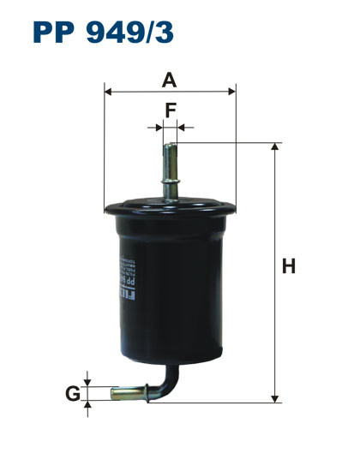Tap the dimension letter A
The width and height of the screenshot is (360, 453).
click(169, 80)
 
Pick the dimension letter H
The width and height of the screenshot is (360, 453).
click(289, 266)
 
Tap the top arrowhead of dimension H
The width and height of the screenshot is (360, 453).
click(275, 148)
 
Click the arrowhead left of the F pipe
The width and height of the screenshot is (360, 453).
click(158, 127)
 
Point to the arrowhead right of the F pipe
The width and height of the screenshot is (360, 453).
click(181, 127)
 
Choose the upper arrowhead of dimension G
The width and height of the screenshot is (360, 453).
click(88, 381)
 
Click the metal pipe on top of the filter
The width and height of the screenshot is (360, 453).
click(169, 163)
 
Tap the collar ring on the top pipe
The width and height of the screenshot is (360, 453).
click(169, 182)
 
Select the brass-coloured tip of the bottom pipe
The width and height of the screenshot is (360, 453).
click(123, 393)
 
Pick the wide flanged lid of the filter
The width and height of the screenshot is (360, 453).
click(169, 206)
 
